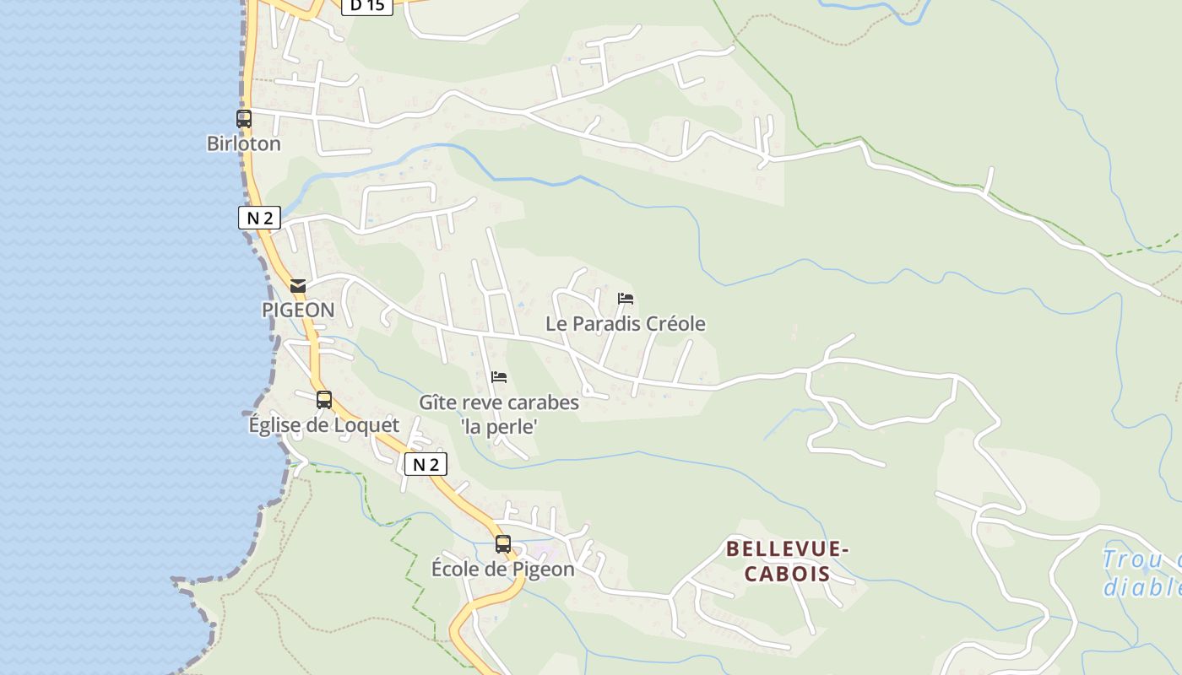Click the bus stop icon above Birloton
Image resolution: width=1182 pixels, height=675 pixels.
[x=244, y=119]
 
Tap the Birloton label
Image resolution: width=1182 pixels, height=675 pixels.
[x=244, y=143]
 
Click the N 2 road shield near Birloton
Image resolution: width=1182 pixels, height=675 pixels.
[x=259, y=218]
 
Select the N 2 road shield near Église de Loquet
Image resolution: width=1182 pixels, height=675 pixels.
[x=426, y=464]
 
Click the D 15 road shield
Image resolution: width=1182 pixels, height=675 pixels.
[x=367, y=5]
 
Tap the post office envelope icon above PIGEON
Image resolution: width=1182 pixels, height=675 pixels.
[x=298, y=286]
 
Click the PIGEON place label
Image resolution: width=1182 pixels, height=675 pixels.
[x=298, y=310]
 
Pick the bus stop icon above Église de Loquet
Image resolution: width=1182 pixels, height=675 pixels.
[x=324, y=400]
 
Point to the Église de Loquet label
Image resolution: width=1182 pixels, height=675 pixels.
[x=324, y=424]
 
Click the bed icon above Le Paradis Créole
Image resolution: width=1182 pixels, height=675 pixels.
[x=626, y=299]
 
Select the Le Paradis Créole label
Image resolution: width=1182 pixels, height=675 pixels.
[x=626, y=323]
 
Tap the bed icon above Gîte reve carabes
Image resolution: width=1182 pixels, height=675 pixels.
[x=499, y=377]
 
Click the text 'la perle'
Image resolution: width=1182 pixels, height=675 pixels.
[x=499, y=426]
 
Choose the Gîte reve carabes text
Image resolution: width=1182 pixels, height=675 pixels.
[x=499, y=402]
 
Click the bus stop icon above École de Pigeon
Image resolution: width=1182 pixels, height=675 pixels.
[x=503, y=544]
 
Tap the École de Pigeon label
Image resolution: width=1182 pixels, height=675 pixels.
[x=503, y=569]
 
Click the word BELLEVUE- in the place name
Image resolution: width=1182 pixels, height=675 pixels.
[x=788, y=549]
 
